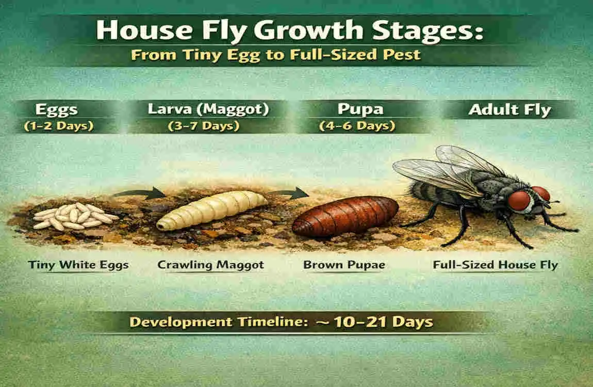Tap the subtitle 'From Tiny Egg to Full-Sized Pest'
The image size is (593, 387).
pos(275,54)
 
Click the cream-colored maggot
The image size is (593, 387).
pos(211,209)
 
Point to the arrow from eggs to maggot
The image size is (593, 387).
pos(139,193)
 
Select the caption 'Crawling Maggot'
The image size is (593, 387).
pos(210,265)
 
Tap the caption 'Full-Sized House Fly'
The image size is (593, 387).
pos(495,265)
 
